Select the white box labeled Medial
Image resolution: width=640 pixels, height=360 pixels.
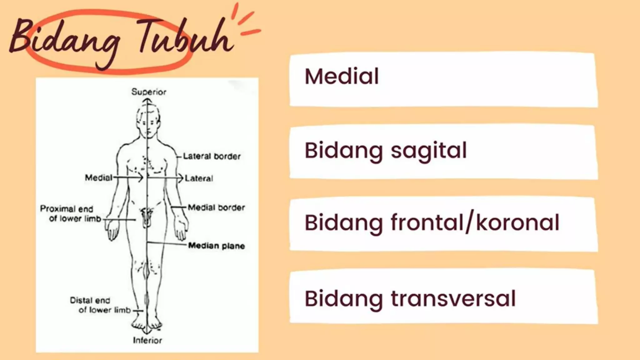[x=443, y=80]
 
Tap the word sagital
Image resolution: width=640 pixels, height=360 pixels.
[x=428, y=151]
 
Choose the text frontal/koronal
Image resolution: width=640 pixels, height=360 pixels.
[x=475, y=223]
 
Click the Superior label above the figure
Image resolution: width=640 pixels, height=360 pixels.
[x=148, y=92]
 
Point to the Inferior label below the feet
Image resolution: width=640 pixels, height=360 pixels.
[x=147, y=340]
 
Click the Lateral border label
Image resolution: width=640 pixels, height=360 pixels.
[x=212, y=156]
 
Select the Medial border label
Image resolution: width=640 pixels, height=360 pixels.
[x=216, y=207]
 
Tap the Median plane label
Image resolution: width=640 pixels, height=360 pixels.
[x=216, y=246]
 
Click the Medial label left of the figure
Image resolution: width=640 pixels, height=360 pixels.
[x=98, y=178]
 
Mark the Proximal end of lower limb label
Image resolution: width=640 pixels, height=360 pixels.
[x=71, y=214]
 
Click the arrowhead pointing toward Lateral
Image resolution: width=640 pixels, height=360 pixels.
[x=180, y=178]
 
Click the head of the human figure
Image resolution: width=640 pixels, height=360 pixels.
[x=148, y=120]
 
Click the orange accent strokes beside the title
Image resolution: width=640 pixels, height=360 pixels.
[x=247, y=22]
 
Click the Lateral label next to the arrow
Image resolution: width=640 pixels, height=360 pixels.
[x=199, y=178]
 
